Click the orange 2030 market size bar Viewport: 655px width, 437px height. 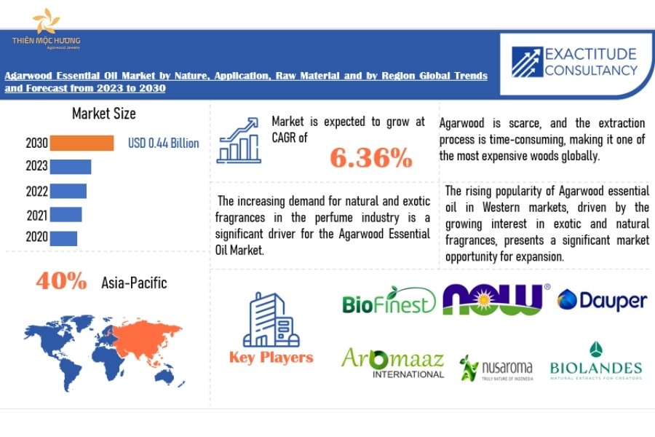(82, 143)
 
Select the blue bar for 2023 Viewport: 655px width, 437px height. (71, 167)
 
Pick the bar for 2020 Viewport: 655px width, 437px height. (63, 239)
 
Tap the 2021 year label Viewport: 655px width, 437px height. (37, 216)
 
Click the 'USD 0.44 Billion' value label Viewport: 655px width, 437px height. (164, 143)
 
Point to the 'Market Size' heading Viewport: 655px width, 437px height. (104, 114)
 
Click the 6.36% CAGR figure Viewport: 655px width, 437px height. (371, 158)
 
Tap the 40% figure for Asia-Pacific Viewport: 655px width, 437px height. (61, 280)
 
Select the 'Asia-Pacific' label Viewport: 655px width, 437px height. (134, 283)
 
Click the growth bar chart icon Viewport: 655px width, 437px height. (239, 141)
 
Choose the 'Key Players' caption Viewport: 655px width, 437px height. (271, 358)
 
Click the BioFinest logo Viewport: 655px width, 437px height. (389, 300)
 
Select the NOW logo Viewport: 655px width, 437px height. (496, 299)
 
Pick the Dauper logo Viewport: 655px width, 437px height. (602, 300)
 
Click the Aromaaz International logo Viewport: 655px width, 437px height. (393, 363)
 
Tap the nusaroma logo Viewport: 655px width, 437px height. (496, 368)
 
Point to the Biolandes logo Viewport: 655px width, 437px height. (596, 361)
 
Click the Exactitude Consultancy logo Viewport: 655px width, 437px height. (575, 62)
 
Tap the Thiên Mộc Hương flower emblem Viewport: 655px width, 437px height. (46, 21)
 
